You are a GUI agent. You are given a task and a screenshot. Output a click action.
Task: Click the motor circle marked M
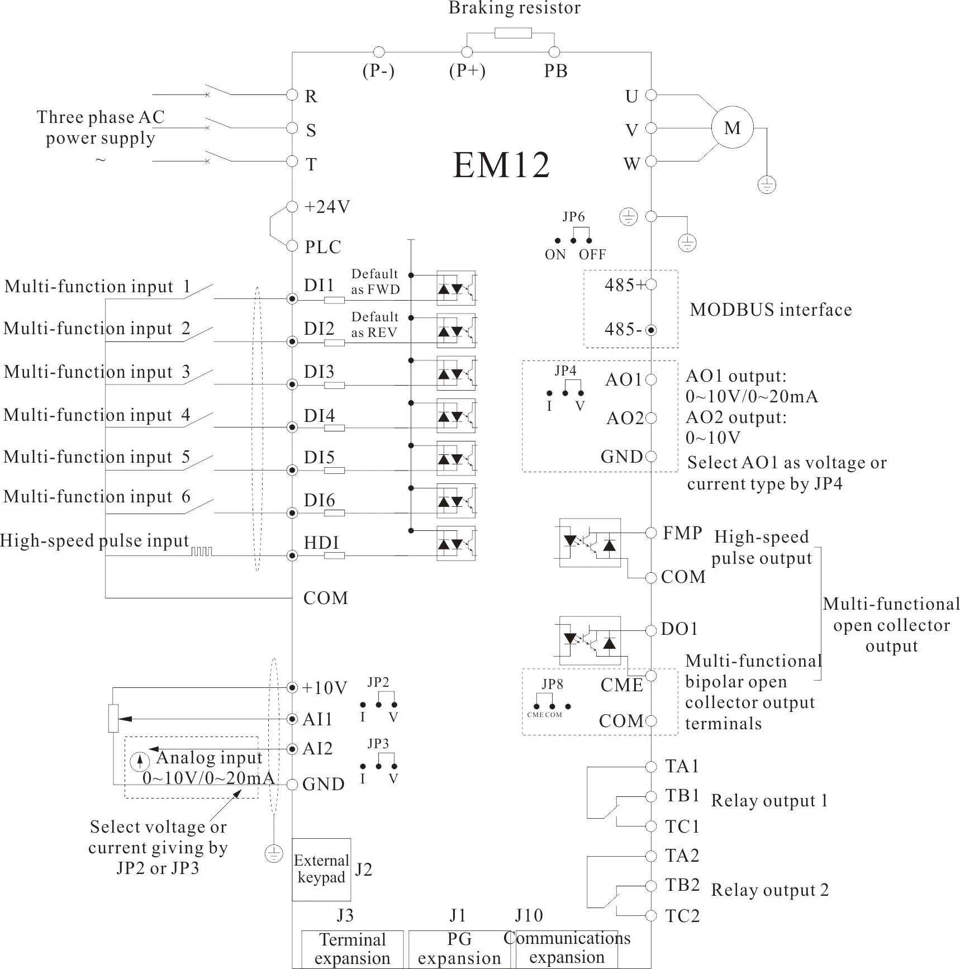(x=732, y=128)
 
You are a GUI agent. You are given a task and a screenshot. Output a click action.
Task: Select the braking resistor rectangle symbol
(x=512, y=33)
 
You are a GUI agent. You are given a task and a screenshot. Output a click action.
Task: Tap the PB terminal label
(x=555, y=71)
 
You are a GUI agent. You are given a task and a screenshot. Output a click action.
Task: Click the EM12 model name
(x=501, y=165)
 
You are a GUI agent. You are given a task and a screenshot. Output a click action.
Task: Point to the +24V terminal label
(x=327, y=207)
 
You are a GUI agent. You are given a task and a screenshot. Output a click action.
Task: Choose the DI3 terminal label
(x=319, y=372)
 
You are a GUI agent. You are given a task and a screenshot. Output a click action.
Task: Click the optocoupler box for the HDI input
(x=456, y=543)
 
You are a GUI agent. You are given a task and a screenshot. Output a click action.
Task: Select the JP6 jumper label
(x=573, y=217)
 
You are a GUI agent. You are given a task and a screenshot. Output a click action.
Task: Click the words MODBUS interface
(x=771, y=310)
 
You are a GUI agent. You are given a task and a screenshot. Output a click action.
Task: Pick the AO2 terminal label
(x=624, y=418)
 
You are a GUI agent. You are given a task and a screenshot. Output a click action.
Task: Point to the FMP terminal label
(x=682, y=533)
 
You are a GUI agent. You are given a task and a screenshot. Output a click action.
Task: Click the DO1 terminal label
(x=679, y=629)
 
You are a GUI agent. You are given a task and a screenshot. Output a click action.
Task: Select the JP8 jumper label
(x=552, y=684)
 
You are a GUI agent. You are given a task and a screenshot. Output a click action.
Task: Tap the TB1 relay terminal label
(x=682, y=795)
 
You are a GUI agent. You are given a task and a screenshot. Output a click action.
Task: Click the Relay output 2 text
(x=769, y=890)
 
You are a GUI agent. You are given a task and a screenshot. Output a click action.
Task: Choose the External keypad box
(x=321, y=869)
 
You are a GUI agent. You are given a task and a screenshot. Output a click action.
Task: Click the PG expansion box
(x=459, y=949)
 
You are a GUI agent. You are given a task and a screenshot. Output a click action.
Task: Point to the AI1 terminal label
(x=317, y=719)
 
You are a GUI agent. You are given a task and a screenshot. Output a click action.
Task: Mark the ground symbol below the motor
(x=767, y=184)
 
